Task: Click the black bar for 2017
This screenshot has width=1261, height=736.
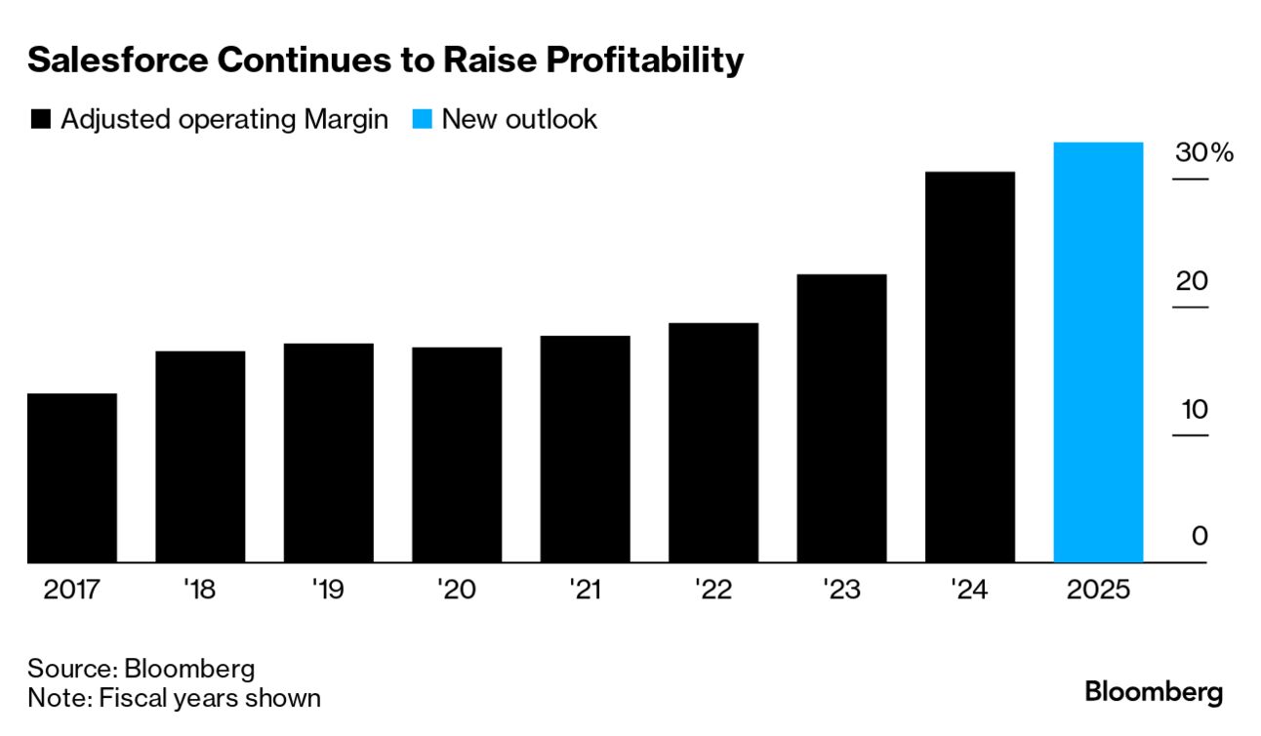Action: coord(72,478)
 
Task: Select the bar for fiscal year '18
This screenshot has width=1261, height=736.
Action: coord(200,457)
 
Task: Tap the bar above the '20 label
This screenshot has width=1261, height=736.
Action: coord(457,455)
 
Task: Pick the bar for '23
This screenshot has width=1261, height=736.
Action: coord(841,419)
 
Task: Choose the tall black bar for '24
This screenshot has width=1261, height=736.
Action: coord(970,367)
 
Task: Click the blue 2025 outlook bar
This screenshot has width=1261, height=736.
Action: coord(1098,352)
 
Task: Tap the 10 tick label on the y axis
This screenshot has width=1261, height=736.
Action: coord(1194,410)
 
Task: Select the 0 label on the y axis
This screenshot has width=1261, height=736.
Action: coord(1200,537)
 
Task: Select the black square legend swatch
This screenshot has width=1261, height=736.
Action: coord(40,120)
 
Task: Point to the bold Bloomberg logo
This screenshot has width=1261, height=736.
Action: coord(1154,693)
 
